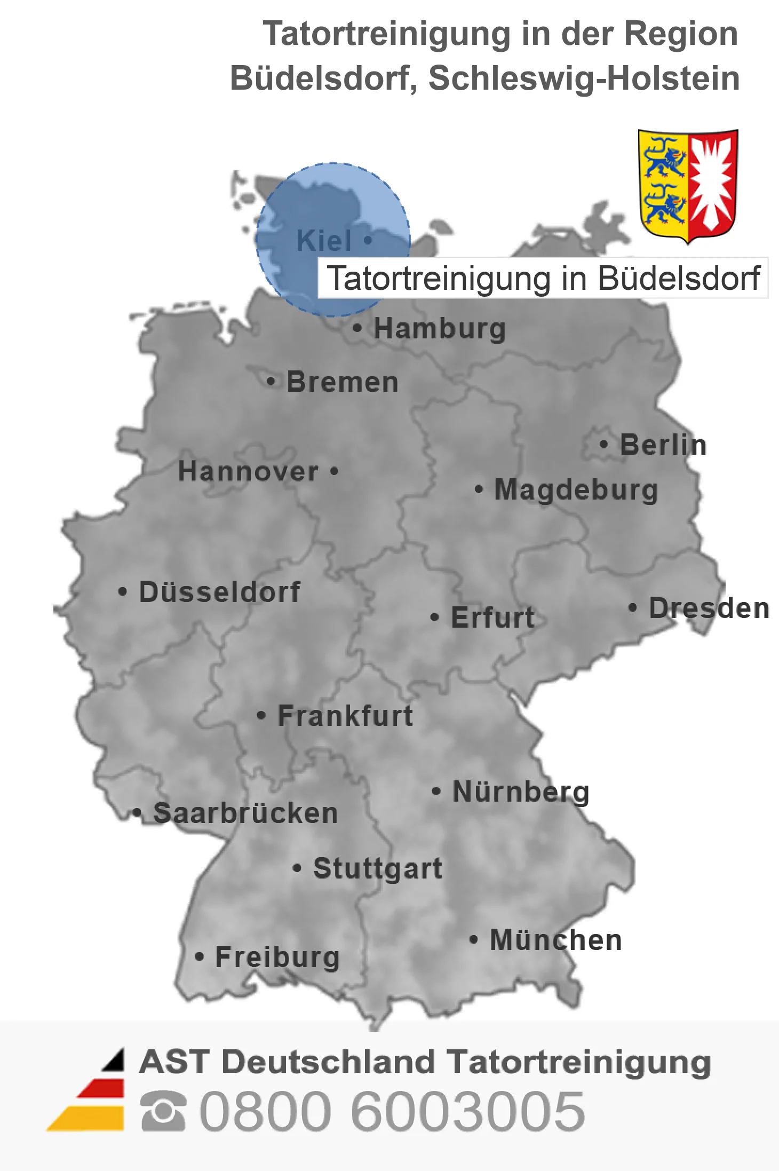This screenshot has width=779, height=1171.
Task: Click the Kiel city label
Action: point(324,241)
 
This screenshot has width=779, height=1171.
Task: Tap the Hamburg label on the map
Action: point(440,328)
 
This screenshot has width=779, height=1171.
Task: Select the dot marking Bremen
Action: point(271,382)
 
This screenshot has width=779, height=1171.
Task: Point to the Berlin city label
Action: point(663,445)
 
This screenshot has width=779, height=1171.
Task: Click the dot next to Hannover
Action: point(334,471)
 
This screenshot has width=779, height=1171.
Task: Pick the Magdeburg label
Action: point(576,489)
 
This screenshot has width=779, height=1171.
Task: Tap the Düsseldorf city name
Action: point(219,592)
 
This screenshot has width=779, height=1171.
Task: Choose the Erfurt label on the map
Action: point(492,618)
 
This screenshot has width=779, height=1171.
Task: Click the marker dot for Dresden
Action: point(632,607)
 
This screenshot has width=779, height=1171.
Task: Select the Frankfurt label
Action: point(345,716)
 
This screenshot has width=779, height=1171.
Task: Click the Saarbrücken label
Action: point(245,813)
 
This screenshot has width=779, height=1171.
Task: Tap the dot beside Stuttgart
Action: point(297,868)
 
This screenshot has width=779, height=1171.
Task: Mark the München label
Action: point(556,940)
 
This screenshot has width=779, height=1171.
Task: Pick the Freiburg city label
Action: point(277,957)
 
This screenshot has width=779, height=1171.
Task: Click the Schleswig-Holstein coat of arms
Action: point(688,185)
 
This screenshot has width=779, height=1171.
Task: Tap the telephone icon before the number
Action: point(163,1112)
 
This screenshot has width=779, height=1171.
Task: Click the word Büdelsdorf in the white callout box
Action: point(679,278)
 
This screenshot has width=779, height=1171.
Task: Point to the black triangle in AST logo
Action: point(114,1061)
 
